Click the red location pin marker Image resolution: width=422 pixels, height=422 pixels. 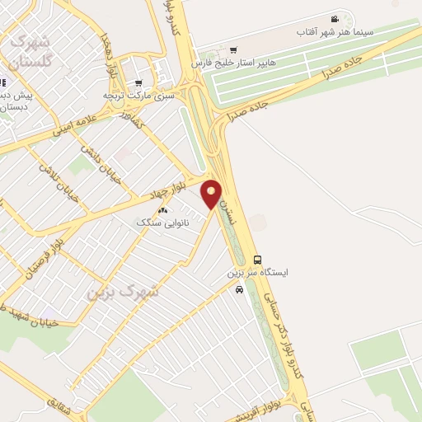tap(212, 194)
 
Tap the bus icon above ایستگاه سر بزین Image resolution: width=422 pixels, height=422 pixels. tap(256, 260)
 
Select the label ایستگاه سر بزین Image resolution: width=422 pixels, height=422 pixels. tap(256, 272)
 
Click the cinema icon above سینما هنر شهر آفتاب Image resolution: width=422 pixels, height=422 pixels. tap(334, 19)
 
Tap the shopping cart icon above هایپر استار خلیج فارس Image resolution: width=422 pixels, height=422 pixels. tap(233, 49)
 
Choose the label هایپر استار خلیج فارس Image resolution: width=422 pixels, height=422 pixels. tap(234, 63)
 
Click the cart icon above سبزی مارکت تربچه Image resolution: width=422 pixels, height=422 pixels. tap(138, 82)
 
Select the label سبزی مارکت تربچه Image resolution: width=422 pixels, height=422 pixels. tap(139, 96)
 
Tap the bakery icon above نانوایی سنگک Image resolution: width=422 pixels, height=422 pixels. tap(162, 210)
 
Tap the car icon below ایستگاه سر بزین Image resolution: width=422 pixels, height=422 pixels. tap(239, 289)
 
